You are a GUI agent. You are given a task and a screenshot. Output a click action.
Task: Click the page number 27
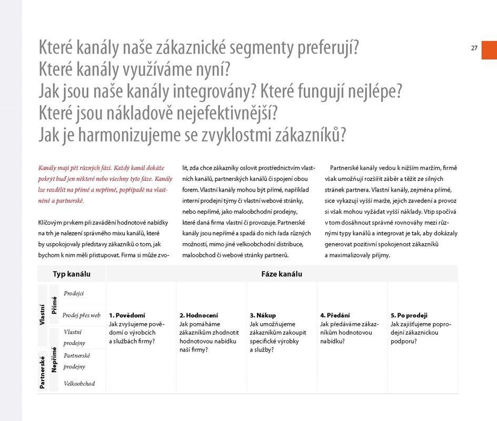[x=474, y=48]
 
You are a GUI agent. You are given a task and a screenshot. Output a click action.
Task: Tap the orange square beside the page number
[x=489, y=48]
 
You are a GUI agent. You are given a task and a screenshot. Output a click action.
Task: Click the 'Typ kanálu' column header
[x=72, y=274]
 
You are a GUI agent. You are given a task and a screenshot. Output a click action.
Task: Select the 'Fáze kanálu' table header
[x=282, y=274]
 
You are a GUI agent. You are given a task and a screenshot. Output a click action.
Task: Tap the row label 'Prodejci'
[x=74, y=294]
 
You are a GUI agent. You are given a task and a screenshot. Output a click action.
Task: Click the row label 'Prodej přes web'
[x=81, y=315]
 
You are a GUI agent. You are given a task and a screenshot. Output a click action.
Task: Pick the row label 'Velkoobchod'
[x=79, y=384]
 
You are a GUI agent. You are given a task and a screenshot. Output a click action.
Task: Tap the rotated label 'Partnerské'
[x=42, y=372]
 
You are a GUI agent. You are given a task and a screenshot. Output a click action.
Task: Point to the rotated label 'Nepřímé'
[x=54, y=360]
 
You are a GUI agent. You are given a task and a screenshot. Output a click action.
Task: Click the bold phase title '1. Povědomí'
[x=127, y=316]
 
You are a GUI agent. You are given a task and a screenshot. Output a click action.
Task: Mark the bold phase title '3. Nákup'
[x=263, y=316]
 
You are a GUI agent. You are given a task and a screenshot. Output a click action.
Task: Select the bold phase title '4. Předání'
[x=335, y=316]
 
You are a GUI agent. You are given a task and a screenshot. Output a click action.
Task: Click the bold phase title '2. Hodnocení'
[x=198, y=316]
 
